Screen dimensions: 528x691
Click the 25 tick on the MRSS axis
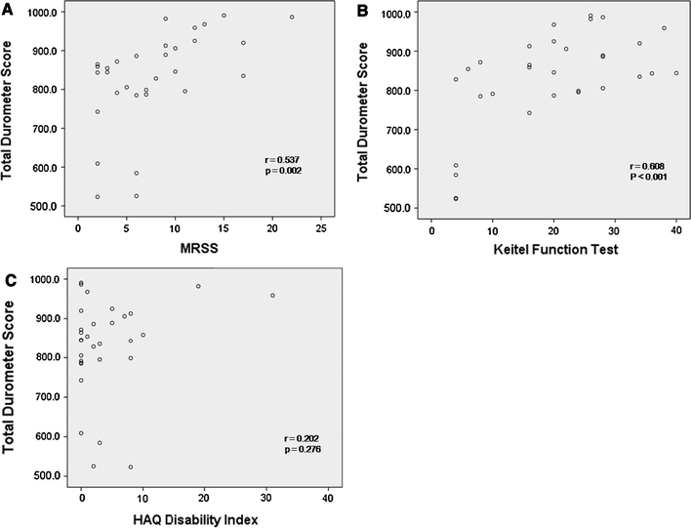(320, 228)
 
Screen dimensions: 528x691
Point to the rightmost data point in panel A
(292, 18)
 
